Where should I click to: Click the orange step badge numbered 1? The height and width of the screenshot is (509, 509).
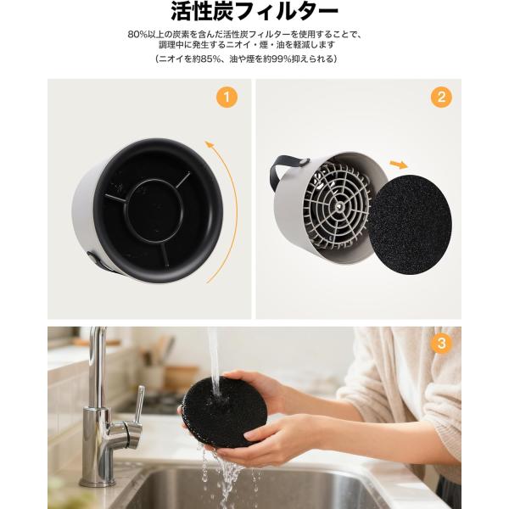tap(227, 97)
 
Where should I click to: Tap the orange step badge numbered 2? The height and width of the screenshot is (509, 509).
tap(441, 97)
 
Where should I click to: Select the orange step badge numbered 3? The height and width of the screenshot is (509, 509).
tap(441, 343)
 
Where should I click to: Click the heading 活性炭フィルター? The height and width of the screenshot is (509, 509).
tap(255, 12)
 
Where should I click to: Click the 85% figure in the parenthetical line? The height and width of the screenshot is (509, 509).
tap(211, 59)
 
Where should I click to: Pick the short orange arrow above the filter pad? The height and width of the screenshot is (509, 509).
tap(399, 165)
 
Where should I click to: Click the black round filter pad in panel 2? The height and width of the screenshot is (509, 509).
tap(410, 225)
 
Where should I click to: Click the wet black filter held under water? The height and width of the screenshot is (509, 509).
tap(224, 413)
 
